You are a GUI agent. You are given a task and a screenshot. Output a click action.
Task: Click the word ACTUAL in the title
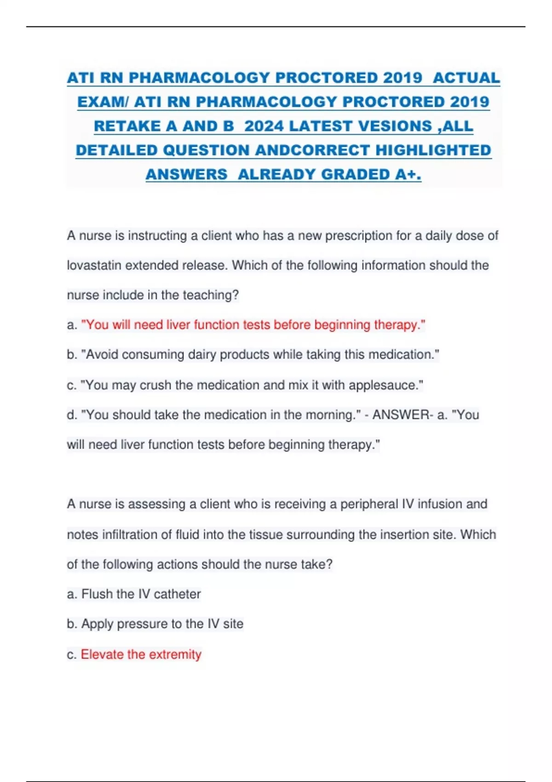pos(466,78)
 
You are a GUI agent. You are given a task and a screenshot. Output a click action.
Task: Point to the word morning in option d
pos(330,415)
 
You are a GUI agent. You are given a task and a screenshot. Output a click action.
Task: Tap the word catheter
pos(177,594)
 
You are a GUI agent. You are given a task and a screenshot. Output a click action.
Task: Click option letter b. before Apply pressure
pos(72,624)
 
